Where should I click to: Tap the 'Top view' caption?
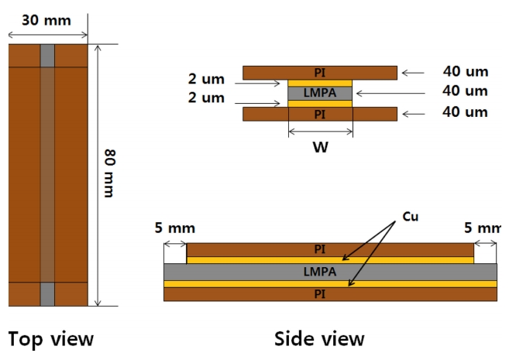coord(50,339)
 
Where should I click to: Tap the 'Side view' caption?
coord(319,339)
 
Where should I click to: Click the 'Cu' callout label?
coord(410,218)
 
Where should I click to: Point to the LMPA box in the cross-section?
coord(319,93)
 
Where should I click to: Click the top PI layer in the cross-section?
coord(320,73)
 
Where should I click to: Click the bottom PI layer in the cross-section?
coord(320,115)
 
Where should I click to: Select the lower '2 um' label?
coord(206,98)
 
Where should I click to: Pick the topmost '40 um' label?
coord(466,72)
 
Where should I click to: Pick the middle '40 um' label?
coord(466,91)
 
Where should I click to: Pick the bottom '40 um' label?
coord(466,112)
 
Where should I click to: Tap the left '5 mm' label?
coord(175,228)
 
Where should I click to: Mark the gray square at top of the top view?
coord(47,56)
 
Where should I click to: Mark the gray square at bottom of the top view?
coord(47,293)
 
